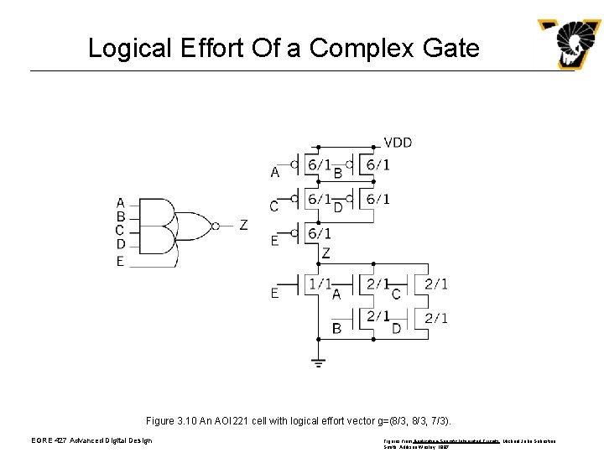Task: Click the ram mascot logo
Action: tap(570, 44)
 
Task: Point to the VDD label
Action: tap(398, 143)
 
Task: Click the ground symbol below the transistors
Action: tap(318, 362)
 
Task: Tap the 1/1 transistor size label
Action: tap(320, 284)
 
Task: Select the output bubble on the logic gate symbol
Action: tap(216, 225)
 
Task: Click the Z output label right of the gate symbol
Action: tap(243, 225)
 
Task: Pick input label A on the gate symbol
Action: tap(121, 202)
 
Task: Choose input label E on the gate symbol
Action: tap(121, 261)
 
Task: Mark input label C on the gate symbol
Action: tap(121, 230)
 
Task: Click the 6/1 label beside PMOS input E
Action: tap(319, 233)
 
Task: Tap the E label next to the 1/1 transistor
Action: tap(274, 293)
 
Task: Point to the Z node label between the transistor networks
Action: tap(325, 253)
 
